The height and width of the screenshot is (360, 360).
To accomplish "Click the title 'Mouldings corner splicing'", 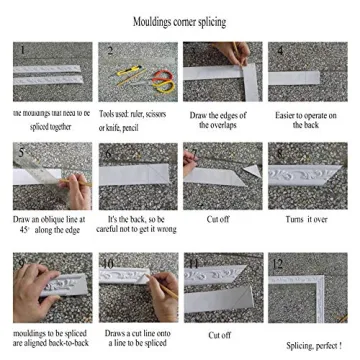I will tap(180, 21).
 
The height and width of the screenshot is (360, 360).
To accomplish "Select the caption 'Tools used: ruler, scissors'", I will tap(136, 114).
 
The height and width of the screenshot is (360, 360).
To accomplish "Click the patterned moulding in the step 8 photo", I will tap(305, 180).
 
